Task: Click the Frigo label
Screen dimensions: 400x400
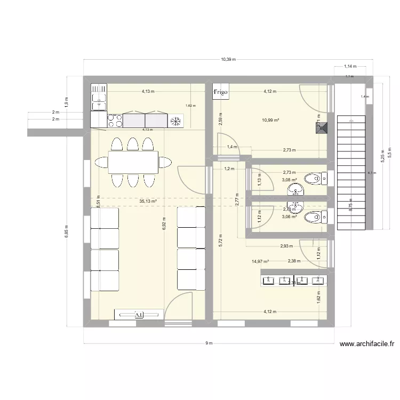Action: coord(220,92)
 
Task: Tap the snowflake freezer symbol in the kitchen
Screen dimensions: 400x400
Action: coord(175,121)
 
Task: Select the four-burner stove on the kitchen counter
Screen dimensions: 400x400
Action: coord(114,121)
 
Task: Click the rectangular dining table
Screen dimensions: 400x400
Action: coord(133,162)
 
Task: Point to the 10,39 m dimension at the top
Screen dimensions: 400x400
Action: coord(228,60)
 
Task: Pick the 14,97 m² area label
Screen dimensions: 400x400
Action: coord(260,261)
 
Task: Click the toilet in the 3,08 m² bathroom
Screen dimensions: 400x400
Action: coord(315,178)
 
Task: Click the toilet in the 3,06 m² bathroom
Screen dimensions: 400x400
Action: coord(315,217)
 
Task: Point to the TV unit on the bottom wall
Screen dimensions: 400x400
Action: coord(139,315)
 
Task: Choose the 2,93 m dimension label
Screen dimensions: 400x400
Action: coord(287,246)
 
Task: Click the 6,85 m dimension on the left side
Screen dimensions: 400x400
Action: coord(67,233)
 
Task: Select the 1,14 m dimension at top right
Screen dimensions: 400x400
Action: coord(350,66)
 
